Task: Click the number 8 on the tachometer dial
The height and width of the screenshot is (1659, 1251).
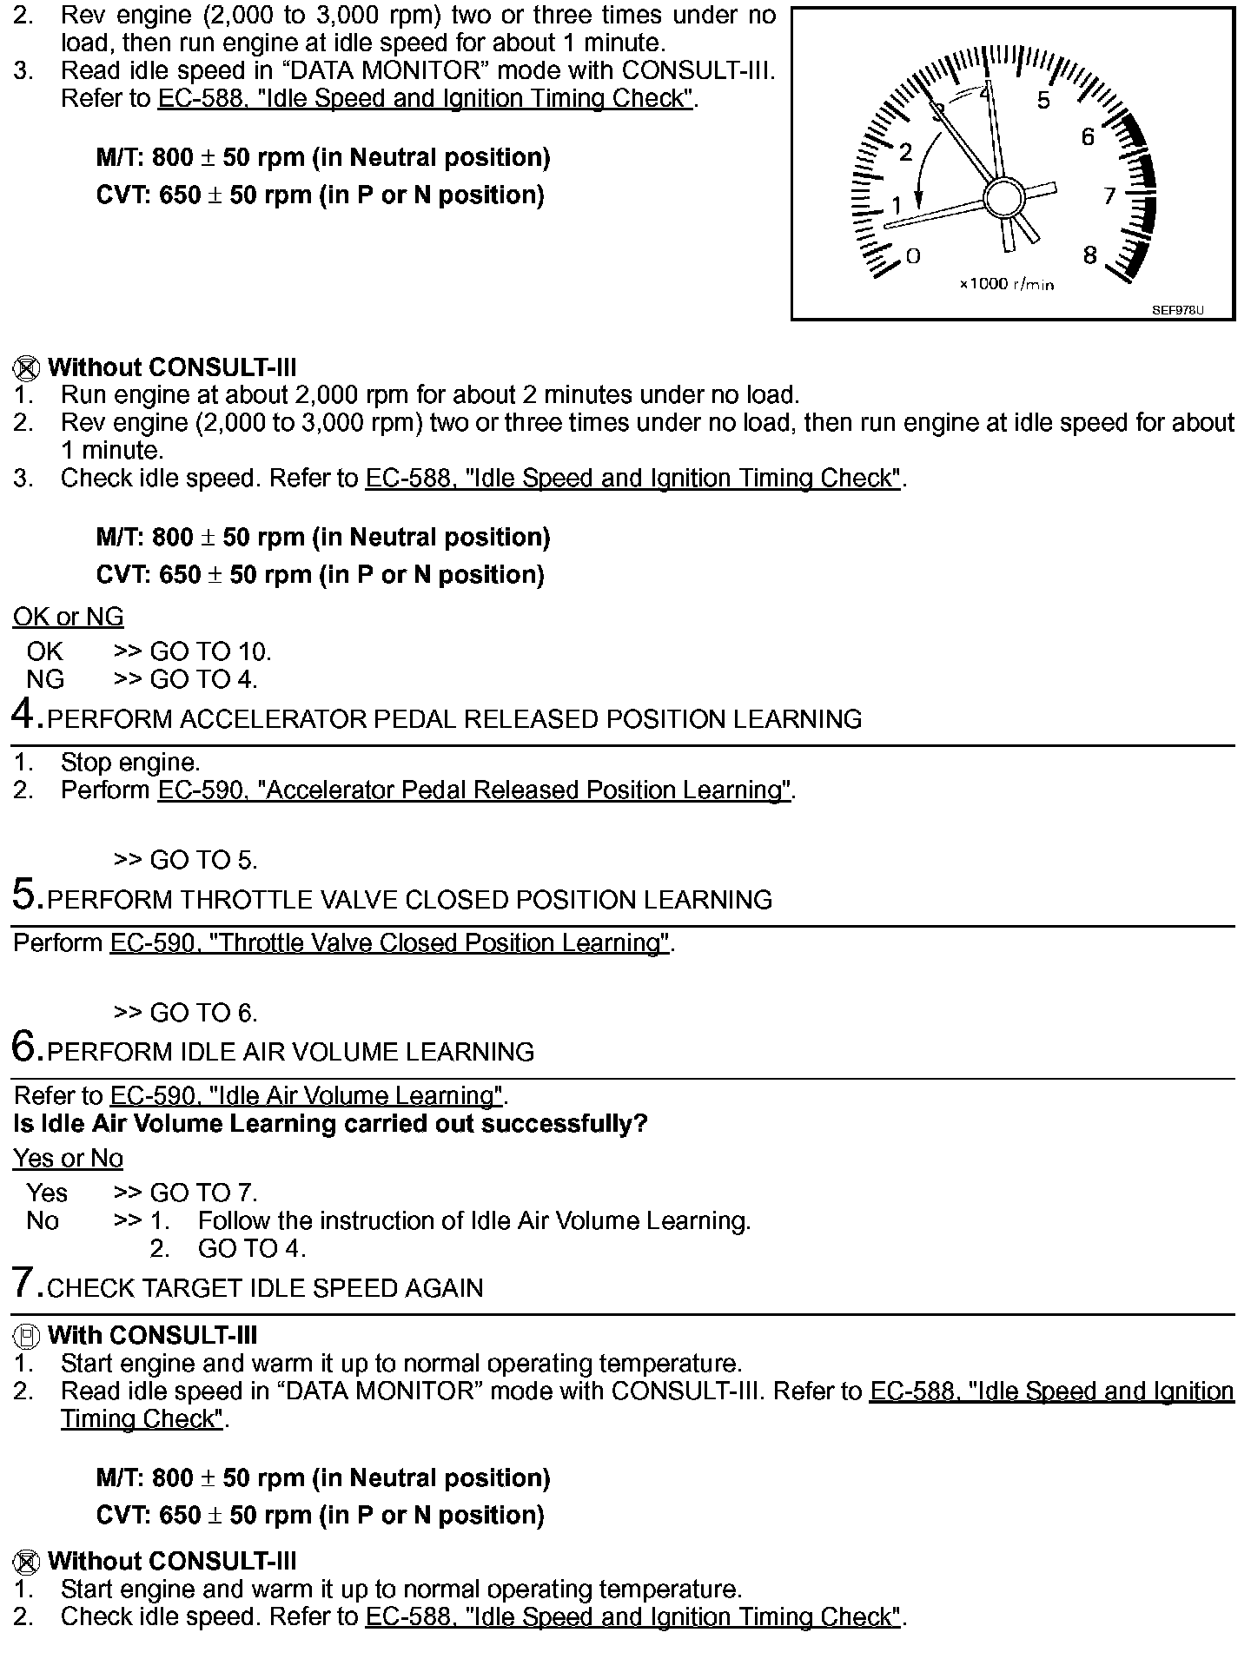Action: tap(1090, 254)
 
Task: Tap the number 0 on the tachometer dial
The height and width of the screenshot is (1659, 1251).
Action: tap(912, 255)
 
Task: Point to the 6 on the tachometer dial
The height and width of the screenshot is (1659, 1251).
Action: tap(1088, 136)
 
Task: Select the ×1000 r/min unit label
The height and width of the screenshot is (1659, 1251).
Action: tap(1006, 284)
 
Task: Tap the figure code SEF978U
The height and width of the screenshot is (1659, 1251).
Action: tap(1178, 310)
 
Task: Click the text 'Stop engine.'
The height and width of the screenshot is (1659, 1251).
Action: tap(130, 763)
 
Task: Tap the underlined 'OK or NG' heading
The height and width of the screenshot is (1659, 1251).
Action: tap(69, 618)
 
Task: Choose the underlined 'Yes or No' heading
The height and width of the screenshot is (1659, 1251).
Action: tap(69, 1159)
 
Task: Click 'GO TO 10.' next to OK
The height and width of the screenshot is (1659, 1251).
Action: tap(211, 651)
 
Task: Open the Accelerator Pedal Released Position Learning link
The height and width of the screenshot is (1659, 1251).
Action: tap(473, 790)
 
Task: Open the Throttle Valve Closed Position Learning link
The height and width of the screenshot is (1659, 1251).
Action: tap(390, 943)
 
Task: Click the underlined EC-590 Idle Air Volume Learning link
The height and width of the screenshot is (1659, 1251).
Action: tap(306, 1096)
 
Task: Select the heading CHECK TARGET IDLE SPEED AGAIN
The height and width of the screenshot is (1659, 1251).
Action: tap(265, 1288)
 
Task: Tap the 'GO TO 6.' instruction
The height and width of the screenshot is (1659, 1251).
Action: tap(204, 1013)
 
